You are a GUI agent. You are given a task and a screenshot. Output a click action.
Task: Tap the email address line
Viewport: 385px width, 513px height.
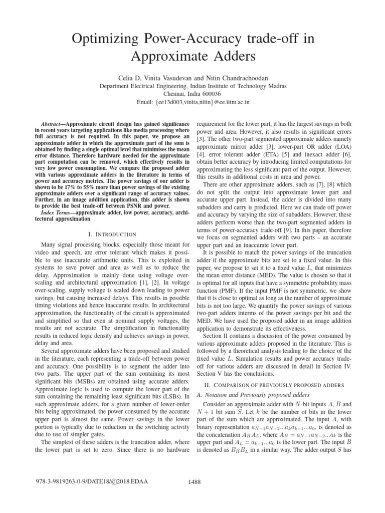click(x=192, y=102)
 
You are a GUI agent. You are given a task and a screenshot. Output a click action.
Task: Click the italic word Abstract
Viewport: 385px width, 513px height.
click(x=52, y=123)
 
